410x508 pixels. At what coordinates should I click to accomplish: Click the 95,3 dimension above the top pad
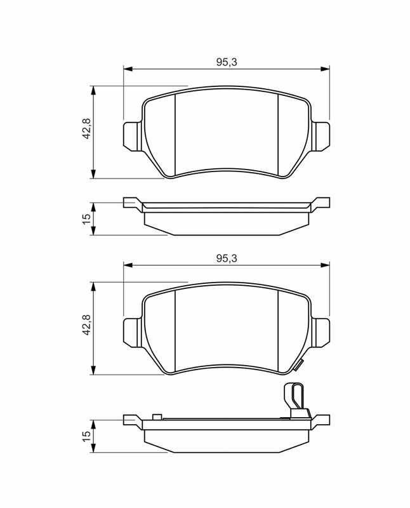[x=227, y=62]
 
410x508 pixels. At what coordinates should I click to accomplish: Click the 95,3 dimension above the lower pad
[x=227, y=258]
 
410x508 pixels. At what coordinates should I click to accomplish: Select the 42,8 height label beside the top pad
[x=86, y=129]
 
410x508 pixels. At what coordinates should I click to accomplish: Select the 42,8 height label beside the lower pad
[x=86, y=325]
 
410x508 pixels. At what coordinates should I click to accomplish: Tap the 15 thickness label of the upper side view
[x=86, y=219]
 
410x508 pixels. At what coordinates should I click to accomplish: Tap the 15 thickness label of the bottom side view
[x=86, y=436]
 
